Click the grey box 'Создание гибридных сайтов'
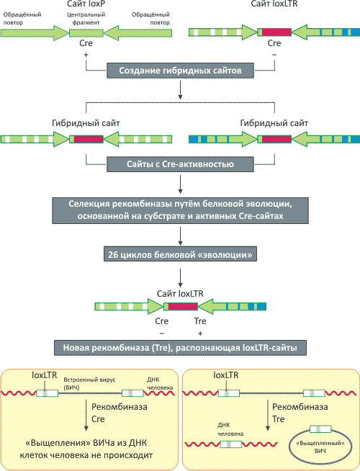(180, 71)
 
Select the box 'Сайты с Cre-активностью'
(180, 164)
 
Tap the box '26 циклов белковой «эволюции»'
(180, 254)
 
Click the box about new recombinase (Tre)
(180, 348)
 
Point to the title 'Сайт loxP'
(86, 4)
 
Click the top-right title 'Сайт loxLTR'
(274, 4)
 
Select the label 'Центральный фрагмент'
(86, 18)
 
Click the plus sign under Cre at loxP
(86, 55)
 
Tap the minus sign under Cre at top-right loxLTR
(274, 55)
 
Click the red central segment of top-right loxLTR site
(276, 32)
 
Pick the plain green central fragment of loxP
(86, 33)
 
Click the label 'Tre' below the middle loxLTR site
(200, 321)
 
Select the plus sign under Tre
(200, 333)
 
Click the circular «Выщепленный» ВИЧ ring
(289, 447)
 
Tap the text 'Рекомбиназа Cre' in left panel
(120, 413)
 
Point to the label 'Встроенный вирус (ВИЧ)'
(89, 383)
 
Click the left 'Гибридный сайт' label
(86, 123)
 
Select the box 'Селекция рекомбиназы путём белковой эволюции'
(180, 210)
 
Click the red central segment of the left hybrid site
(89, 139)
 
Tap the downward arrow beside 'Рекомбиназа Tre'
(268, 415)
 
